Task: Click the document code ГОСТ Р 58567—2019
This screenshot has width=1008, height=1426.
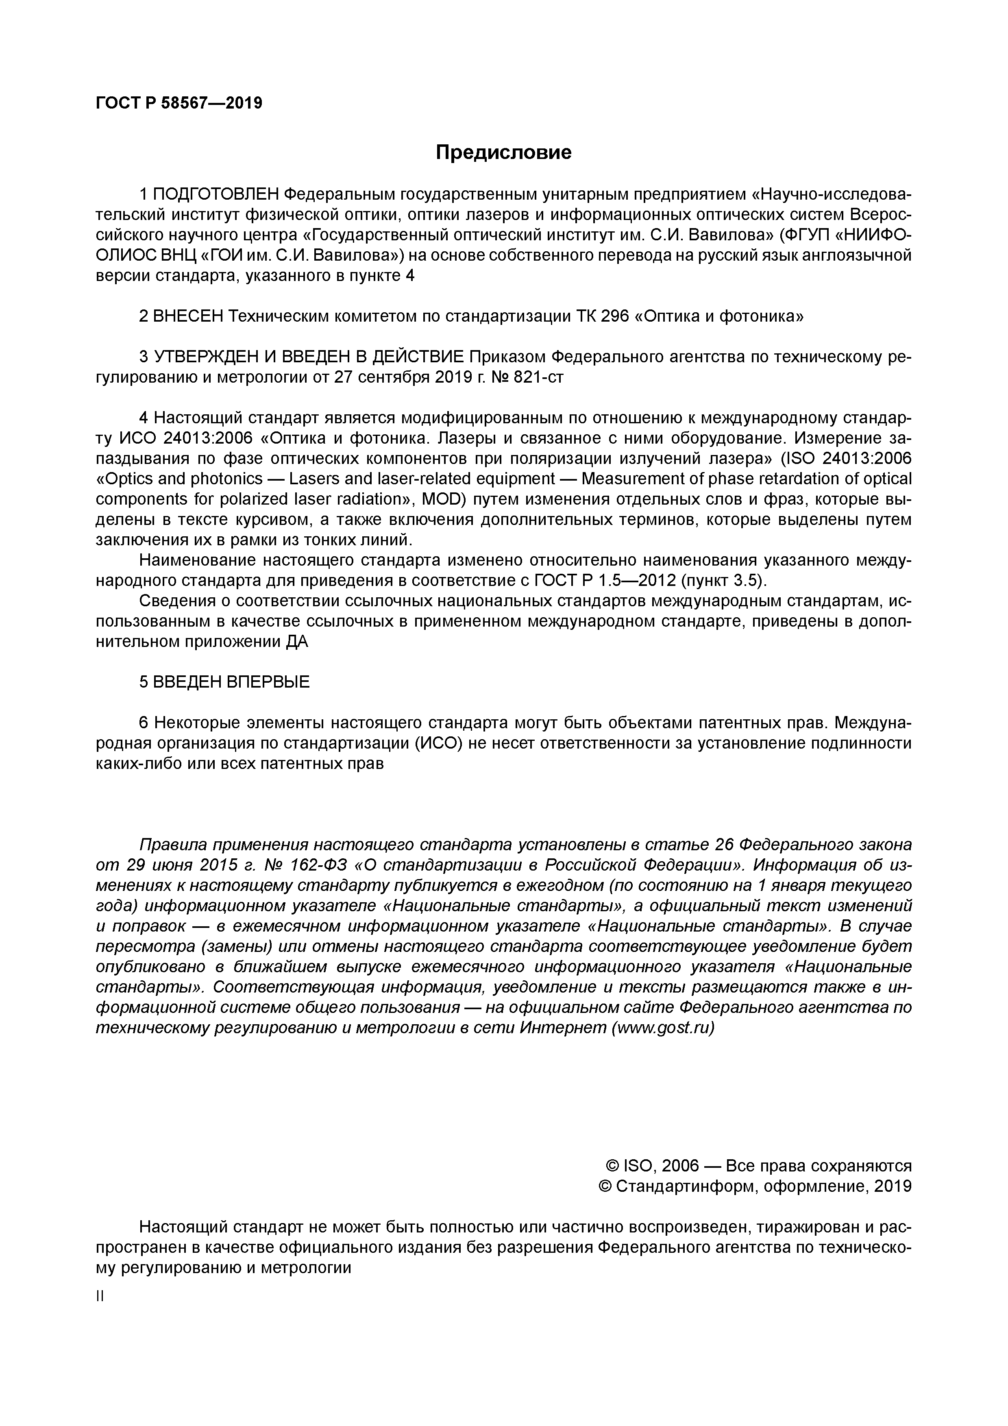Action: tap(179, 103)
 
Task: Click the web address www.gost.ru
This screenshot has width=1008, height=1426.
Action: tap(663, 1028)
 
